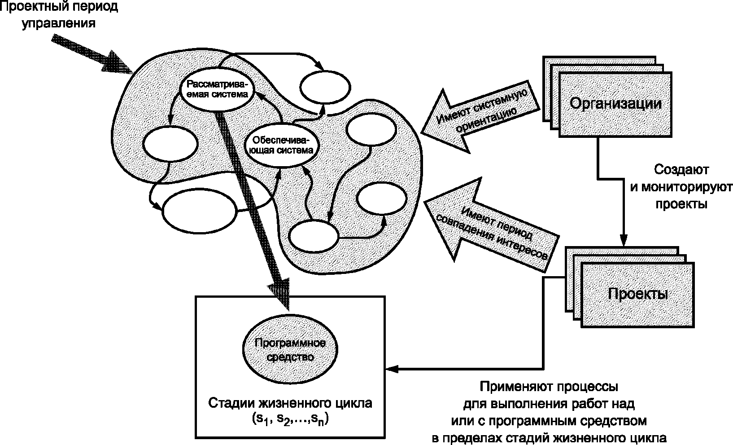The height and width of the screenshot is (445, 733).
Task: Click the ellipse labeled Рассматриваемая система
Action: click(x=217, y=89)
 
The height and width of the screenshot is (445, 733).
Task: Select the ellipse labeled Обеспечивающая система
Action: click(x=282, y=145)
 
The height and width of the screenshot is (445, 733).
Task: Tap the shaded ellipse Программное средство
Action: click(x=290, y=350)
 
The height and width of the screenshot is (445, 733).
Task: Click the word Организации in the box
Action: click(x=615, y=104)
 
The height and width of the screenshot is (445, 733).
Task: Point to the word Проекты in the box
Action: click(x=638, y=294)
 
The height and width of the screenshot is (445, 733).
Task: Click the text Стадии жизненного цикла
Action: click(x=290, y=403)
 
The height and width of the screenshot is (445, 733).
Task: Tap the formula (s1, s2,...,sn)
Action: click(x=290, y=419)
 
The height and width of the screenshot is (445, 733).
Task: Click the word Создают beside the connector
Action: click(x=681, y=170)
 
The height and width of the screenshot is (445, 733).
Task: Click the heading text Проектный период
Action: click(x=59, y=7)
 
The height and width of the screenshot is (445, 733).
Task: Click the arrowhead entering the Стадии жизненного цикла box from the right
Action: click(x=392, y=369)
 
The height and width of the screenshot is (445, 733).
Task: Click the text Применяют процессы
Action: click(x=549, y=387)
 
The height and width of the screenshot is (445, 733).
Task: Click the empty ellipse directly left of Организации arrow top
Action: click(x=325, y=88)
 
